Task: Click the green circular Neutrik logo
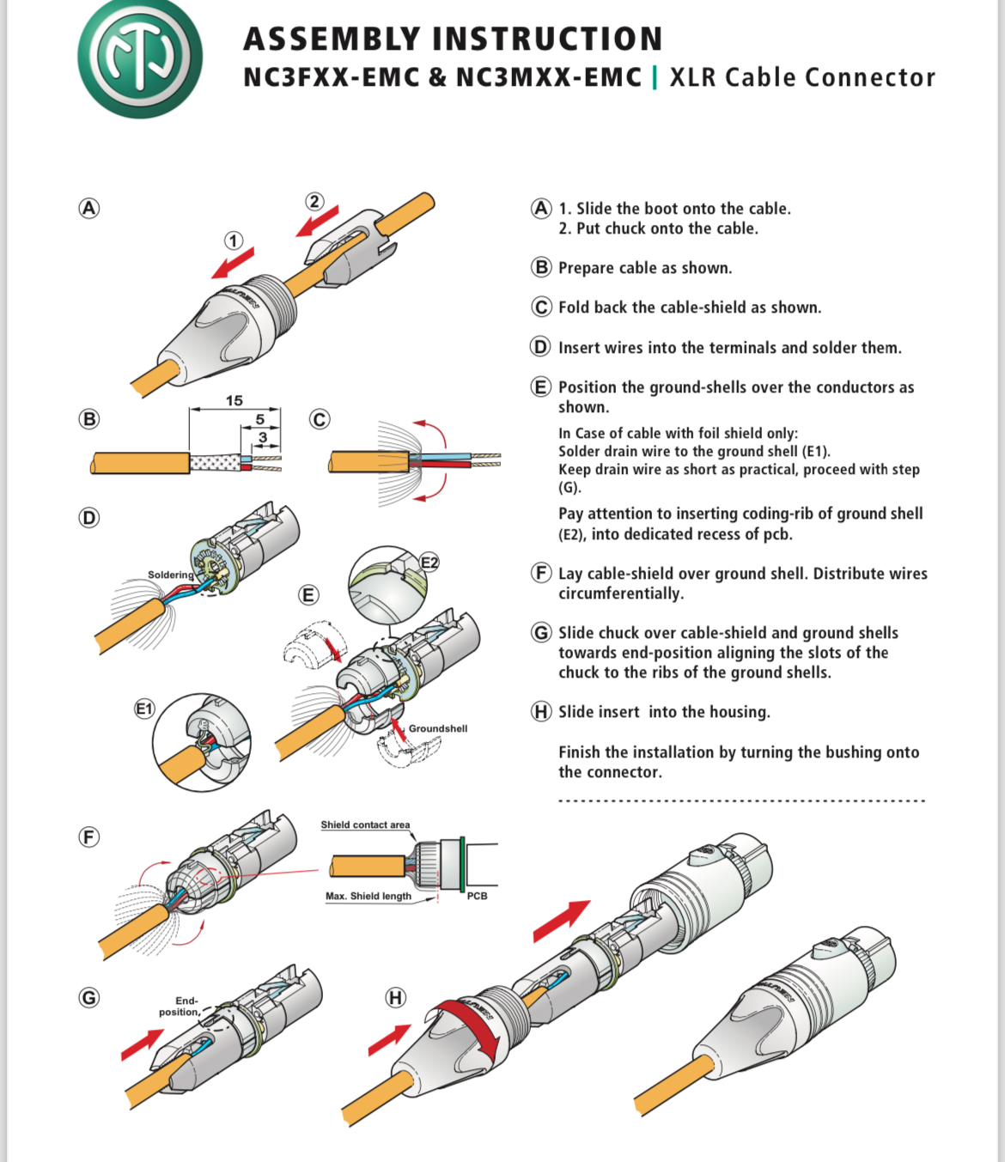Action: pyautogui.click(x=140, y=58)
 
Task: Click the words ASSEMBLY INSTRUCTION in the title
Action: pyautogui.click(x=453, y=39)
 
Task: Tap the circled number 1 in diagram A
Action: pyautogui.click(x=234, y=240)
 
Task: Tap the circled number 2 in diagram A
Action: pyautogui.click(x=314, y=202)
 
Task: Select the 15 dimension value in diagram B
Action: pyautogui.click(x=234, y=400)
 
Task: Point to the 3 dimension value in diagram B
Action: pyautogui.click(x=263, y=437)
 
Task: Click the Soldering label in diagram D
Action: pyautogui.click(x=170, y=575)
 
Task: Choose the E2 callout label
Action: pyautogui.click(x=429, y=563)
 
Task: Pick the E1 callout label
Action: pyautogui.click(x=144, y=709)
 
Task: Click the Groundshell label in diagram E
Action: pyautogui.click(x=437, y=728)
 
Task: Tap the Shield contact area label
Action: pyautogui.click(x=365, y=824)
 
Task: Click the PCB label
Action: pyautogui.click(x=477, y=896)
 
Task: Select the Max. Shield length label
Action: pyautogui.click(x=368, y=896)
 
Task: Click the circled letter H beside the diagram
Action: pyautogui.click(x=395, y=997)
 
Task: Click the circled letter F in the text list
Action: pyautogui.click(x=541, y=573)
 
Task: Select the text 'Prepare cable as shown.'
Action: pyautogui.click(x=645, y=268)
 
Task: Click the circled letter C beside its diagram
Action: pyautogui.click(x=320, y=419)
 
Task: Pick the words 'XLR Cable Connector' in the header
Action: pyautogui.click(x=801, y=77)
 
